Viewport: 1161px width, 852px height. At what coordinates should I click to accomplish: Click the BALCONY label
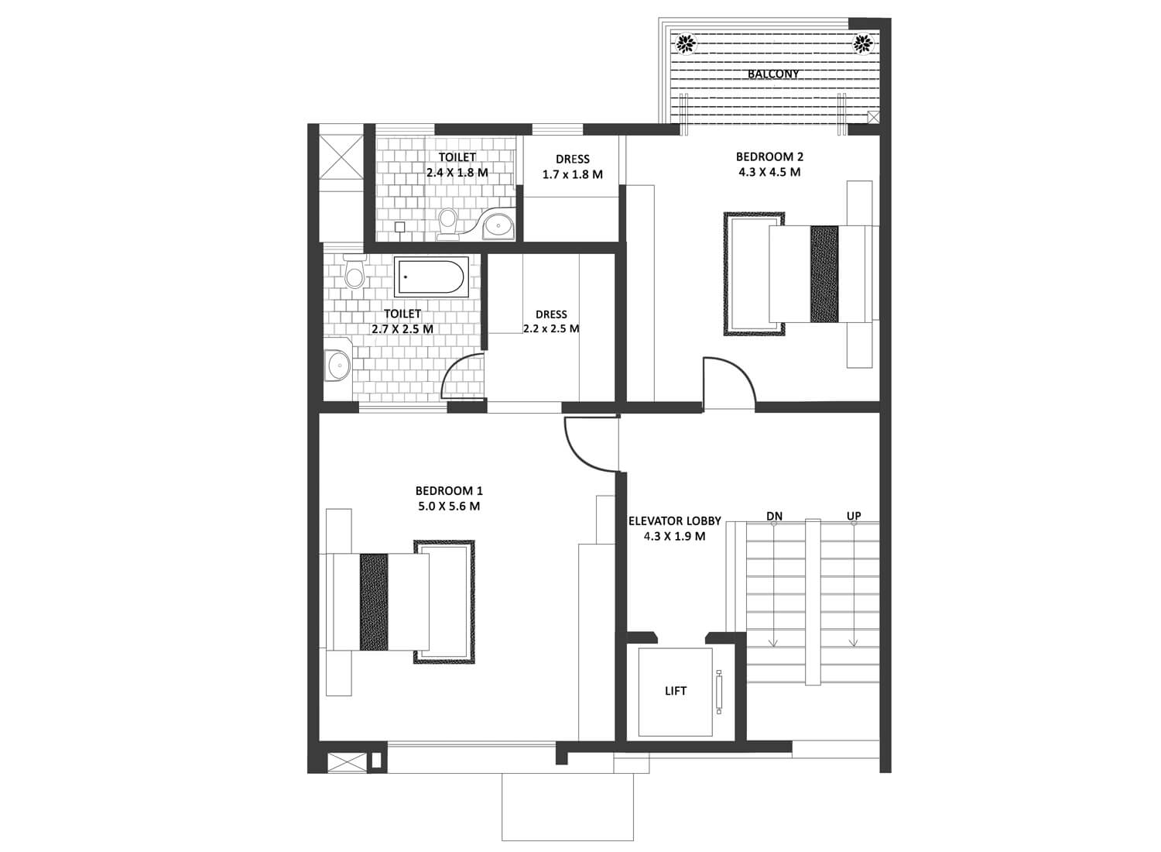(773, 74)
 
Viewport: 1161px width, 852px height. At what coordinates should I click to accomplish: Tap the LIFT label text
(676, 691)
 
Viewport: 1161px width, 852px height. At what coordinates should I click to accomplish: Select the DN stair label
(774, 517)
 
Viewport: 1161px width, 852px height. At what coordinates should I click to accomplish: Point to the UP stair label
(854, 516)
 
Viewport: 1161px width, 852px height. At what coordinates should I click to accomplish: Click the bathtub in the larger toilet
(430, 277)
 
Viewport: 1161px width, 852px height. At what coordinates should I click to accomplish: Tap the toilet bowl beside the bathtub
(355, 270)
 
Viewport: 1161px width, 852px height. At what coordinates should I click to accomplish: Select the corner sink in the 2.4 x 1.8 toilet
(498, 224)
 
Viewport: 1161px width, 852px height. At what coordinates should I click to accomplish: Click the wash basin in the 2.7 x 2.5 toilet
(337, 365)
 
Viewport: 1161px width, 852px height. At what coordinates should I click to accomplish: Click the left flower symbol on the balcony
(687, 43)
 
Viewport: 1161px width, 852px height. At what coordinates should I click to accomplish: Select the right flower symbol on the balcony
(862, 43)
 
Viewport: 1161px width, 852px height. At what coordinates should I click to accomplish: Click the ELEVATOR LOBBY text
(675, 521)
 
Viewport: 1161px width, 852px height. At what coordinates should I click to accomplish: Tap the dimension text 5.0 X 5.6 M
(449, 506)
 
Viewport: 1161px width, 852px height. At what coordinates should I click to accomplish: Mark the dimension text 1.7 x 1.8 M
(573, 174)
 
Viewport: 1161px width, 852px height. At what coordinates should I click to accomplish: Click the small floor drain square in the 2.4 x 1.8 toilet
(399, 227)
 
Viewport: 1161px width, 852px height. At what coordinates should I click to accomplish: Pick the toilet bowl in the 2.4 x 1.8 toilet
(447, 224)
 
